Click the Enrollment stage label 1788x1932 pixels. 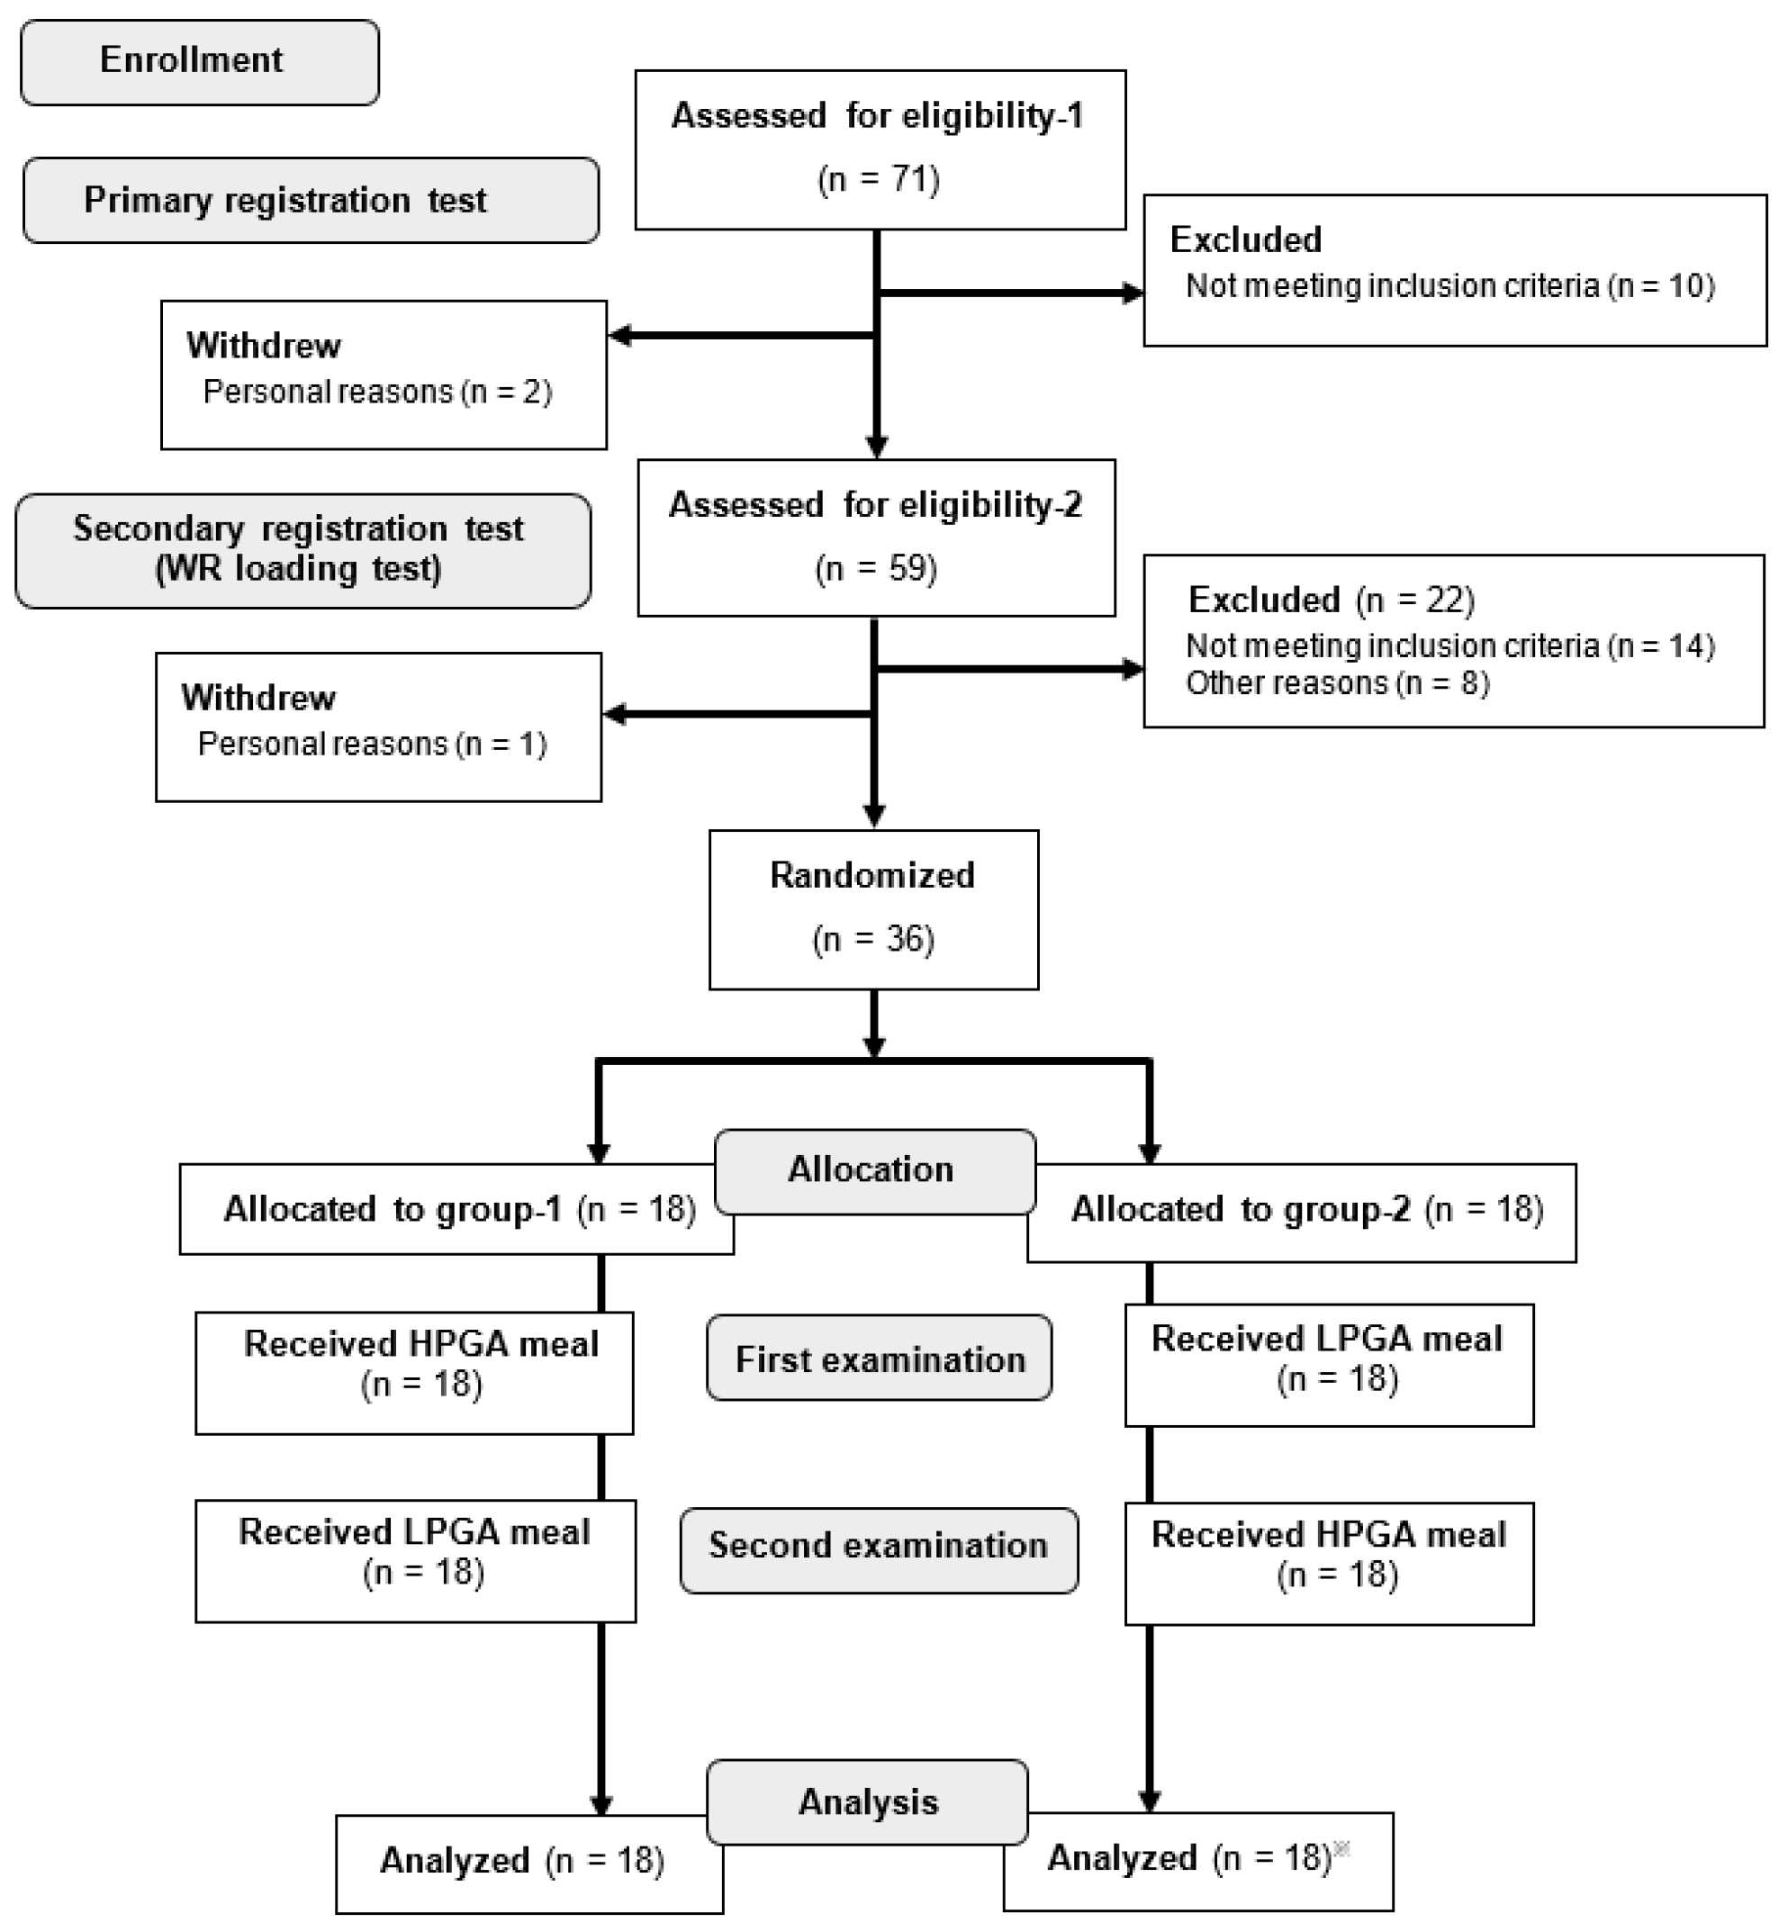tap(198, 61)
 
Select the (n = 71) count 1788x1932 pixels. tap(879, 179)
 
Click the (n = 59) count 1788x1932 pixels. tap(876, 568)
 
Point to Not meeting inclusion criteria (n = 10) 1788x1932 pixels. tap(1449, 286)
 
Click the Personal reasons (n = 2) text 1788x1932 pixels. tap(377, 392)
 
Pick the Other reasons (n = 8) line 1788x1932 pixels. tap(1337, 683)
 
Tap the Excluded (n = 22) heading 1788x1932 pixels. tap(1331, 600)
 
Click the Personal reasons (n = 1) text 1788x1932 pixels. tap(373, 744)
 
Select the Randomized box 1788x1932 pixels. tap(872, 908)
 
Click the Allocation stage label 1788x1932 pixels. tap(872, 1169)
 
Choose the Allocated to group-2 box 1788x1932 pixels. tap(1306, 1209)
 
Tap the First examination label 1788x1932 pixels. tap(879, 1359)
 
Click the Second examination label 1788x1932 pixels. tap(879, 1545)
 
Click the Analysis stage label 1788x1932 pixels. tap(867, 1802)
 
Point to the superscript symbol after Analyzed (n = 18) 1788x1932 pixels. tap(1341, 1849)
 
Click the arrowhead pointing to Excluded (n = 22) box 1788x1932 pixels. tap(1133, 669)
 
